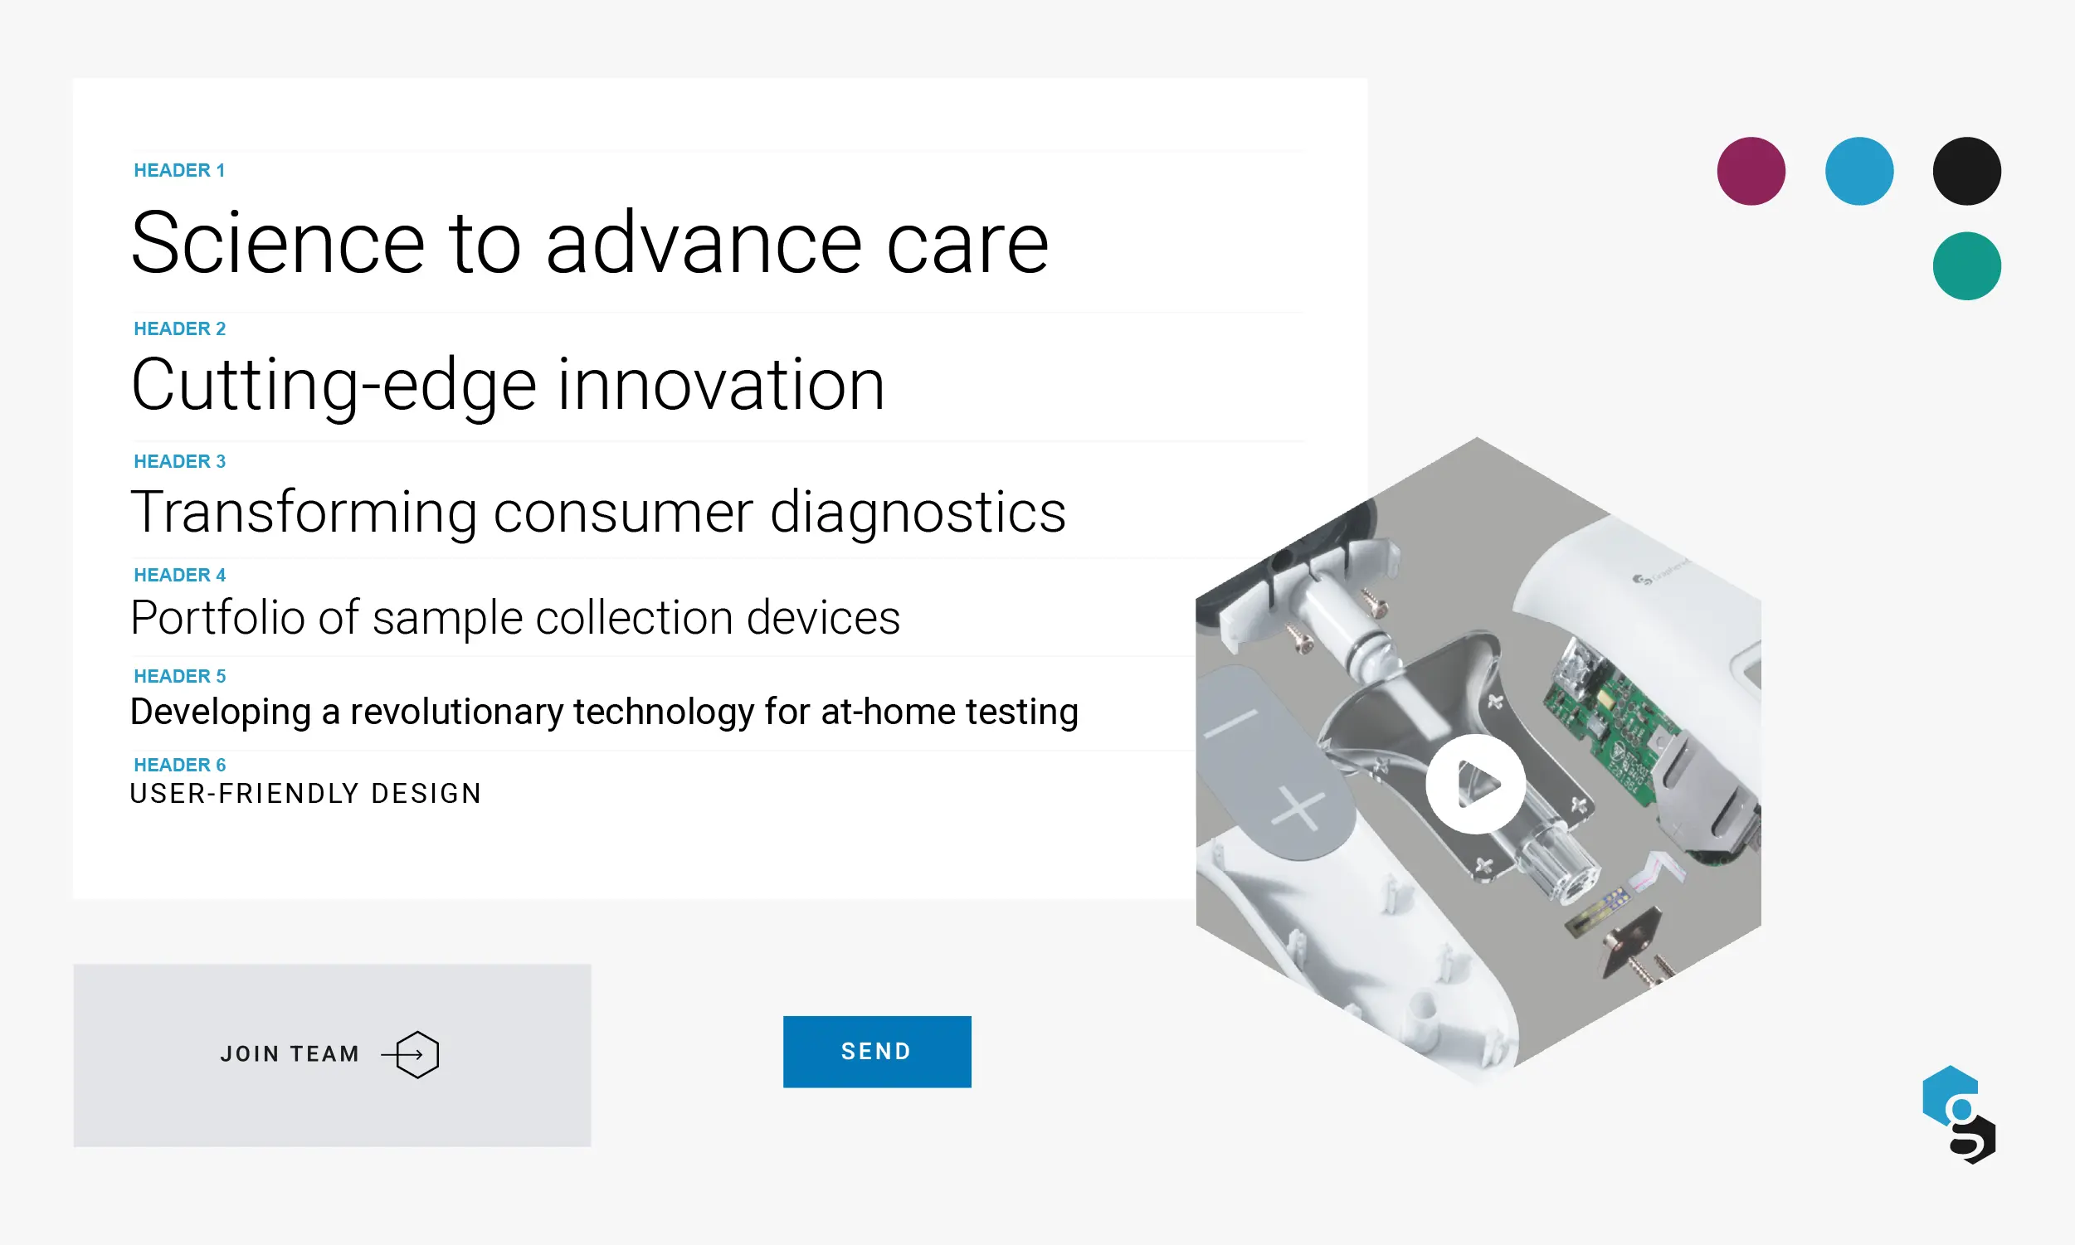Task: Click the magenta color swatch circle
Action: click(1751, 171)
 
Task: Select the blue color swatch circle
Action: click(1858, 171)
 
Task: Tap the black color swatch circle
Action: click(1966, 171)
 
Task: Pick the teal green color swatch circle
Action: click(1966, 266)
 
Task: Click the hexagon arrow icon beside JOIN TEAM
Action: click(416, 1054)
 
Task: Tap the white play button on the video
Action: click(1475, 785)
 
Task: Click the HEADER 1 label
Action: click(179, 170)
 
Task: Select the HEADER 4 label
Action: click(179, 575)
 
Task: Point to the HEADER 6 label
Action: click(179, 764)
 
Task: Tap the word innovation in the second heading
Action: click(720, 385)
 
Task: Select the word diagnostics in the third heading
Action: click(917, 512)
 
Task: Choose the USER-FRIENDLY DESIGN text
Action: click(305, 793)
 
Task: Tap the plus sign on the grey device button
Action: click(1298, 810)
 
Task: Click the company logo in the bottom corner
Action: click(1958, 1114)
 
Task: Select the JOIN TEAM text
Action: click(290, 1054)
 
